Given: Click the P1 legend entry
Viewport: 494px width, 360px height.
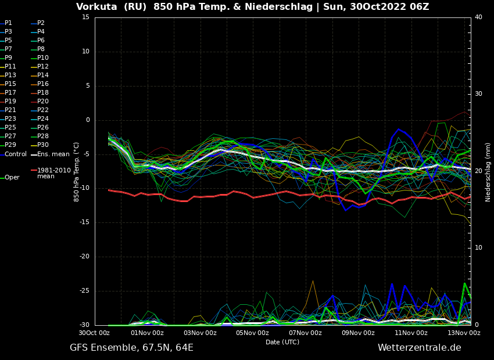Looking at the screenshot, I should click(8, 23).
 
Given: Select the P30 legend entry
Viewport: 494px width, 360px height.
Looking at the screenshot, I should click(43, 145).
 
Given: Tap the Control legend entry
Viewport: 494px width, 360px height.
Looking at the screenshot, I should click(16, 154).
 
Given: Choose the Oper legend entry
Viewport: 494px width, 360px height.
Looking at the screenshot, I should click(12, 178).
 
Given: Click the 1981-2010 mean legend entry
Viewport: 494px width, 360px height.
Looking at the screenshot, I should click(53, 173).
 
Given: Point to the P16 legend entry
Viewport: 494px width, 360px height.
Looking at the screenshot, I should click(43, 84).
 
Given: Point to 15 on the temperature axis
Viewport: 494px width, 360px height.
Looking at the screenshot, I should click(85, 17).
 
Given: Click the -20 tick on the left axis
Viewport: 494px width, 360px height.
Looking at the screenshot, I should click(84, 257).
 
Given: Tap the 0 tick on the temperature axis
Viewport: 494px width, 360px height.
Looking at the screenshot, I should click(88, 120).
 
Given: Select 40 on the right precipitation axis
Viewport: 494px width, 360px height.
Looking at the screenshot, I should click(478, 17).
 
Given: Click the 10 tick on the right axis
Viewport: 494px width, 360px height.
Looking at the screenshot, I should click(478, 248).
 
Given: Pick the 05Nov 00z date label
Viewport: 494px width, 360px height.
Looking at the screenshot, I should click(252, 333).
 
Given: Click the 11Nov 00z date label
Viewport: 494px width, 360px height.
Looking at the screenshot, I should click(411, 333).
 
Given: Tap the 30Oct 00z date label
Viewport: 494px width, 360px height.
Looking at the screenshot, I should click(94, 333).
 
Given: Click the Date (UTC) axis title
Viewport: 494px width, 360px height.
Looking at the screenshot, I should click(282, 342).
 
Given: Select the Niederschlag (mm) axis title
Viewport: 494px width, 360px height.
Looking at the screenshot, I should click(488, 172).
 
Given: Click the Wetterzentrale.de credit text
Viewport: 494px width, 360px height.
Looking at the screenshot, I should click(419, 348).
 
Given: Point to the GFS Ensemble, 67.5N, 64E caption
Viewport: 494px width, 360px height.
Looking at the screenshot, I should click(131, 348).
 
